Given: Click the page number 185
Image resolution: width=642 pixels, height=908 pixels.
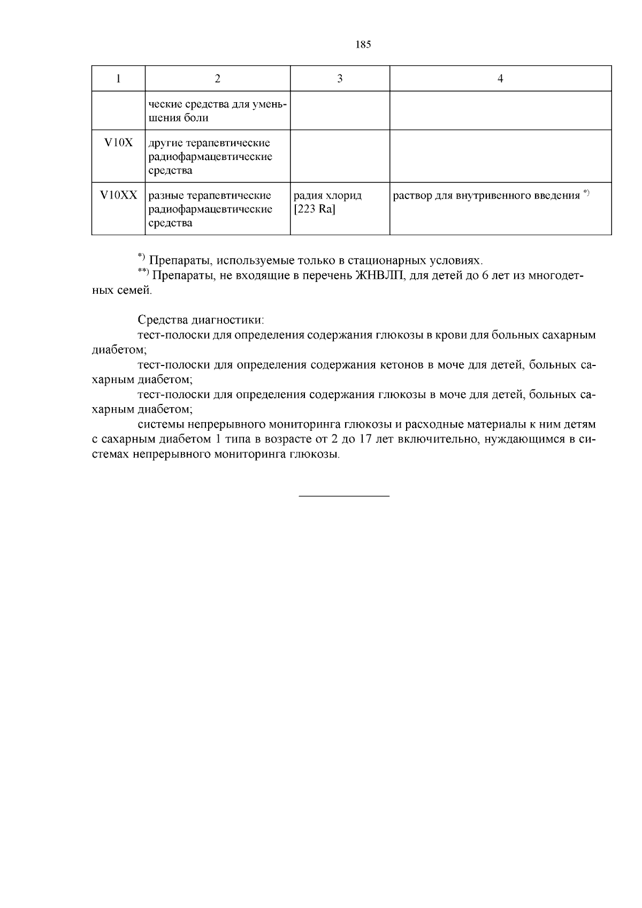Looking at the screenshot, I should point(363,45).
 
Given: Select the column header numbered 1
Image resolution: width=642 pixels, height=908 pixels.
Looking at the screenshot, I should point(118,79).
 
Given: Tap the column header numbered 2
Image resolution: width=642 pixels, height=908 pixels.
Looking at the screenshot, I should point(217,79).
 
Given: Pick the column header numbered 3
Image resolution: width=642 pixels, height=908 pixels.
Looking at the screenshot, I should point(340,79).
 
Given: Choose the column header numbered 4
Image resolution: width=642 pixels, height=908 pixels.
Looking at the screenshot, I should point(500,79).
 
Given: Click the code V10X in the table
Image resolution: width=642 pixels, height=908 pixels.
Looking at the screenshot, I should point(118,143).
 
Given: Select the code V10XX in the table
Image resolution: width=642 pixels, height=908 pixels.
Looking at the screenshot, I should point(118,195).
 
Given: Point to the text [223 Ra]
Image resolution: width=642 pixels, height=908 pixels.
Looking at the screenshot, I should point(315,209).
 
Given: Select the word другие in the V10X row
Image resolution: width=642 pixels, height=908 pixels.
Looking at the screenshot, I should point(162,143).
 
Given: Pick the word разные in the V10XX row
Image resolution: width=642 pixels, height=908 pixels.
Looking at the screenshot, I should point(164,195).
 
